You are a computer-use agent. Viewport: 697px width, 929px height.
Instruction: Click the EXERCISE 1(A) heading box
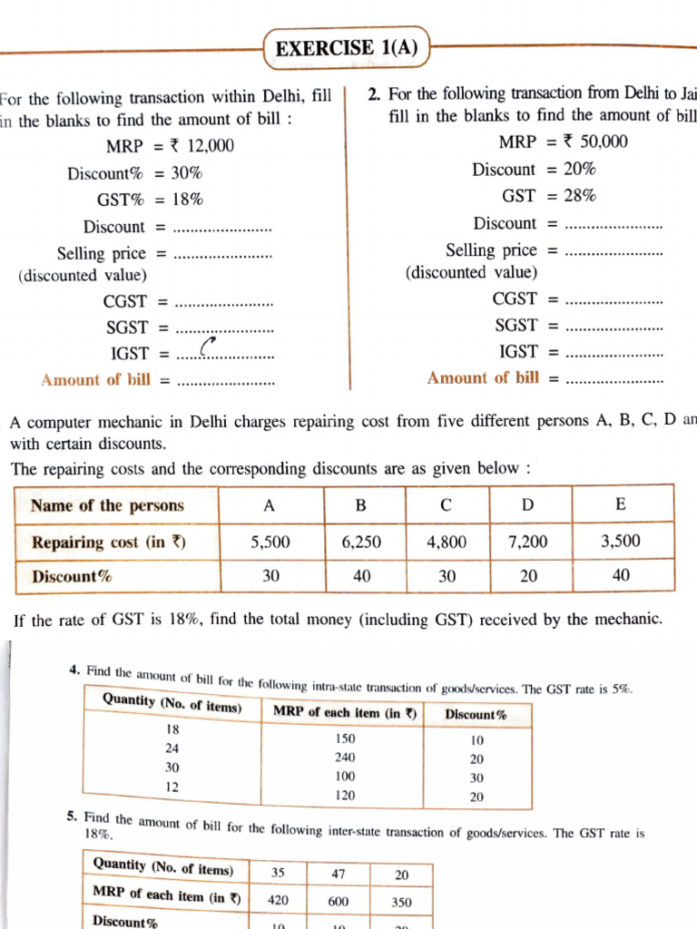click(x=347, y=48)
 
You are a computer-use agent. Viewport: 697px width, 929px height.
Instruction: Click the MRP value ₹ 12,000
click(x=198, y=146)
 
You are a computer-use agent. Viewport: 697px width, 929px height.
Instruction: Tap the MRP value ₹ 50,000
click(x=595, y=142)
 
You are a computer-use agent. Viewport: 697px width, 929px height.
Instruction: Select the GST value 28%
click(x=579, y=196)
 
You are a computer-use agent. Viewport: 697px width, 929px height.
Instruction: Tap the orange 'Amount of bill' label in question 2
click(x=483, y=377)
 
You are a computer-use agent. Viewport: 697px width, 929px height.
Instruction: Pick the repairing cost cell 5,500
click(x=270, y=542)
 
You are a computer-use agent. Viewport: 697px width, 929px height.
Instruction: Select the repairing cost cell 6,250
click(x=361, y=542)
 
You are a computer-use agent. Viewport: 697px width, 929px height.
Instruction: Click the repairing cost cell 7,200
click(x=528, y=542)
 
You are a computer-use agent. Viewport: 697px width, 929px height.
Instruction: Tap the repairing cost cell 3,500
click(x=620, y=542)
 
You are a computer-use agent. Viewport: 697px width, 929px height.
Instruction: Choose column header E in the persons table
click(x=620, y=504)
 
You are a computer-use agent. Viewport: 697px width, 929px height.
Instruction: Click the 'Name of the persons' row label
click(x=107, y=505)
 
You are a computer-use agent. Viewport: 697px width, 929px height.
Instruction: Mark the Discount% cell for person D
click(x=528, y=576)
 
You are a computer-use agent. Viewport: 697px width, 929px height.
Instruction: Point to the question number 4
click(x=72, y=670)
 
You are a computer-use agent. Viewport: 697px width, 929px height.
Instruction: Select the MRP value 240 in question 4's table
click(x=345, y=758)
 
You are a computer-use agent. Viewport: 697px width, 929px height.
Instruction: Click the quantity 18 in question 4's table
click(x=172, y=729)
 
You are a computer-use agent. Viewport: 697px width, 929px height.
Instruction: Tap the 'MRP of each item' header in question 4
click(x=345, y=712)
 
